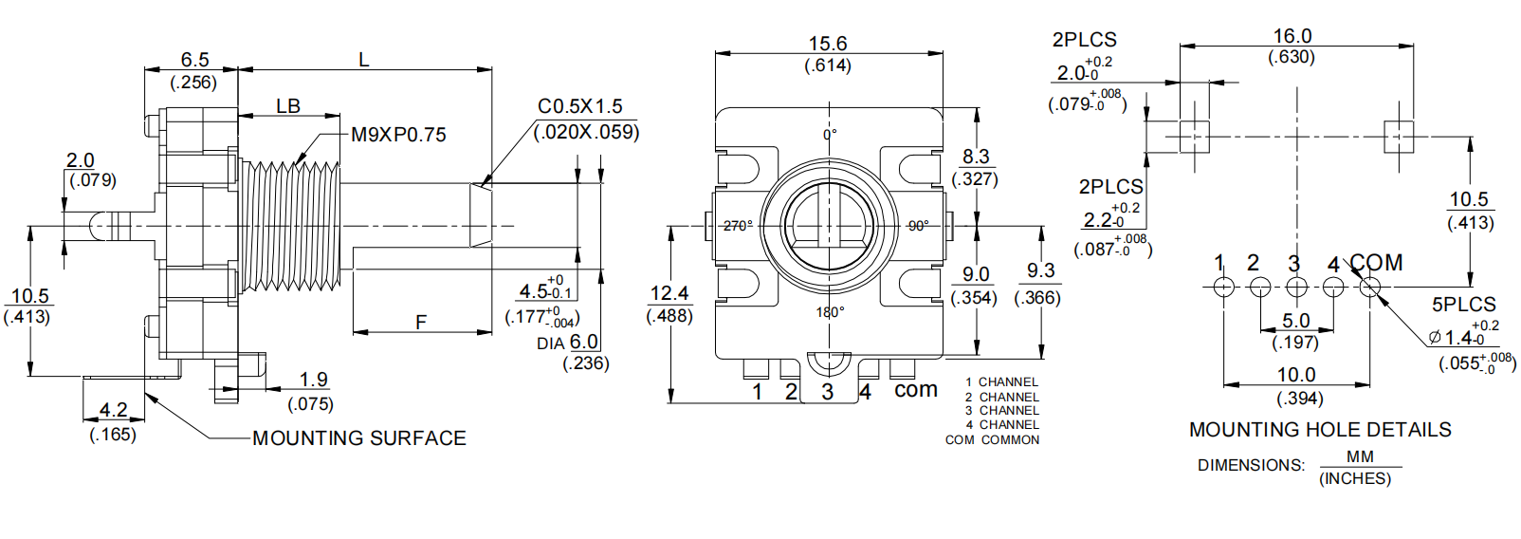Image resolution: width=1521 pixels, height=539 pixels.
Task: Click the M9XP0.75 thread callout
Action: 398,135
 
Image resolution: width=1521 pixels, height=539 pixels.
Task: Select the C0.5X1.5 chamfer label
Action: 579,106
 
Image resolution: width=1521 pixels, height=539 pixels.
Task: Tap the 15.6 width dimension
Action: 827,44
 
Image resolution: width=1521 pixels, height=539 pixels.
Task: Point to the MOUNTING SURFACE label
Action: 359,438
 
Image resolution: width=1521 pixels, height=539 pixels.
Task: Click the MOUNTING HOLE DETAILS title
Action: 1320,430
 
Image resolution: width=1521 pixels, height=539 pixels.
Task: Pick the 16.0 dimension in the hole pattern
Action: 1292,36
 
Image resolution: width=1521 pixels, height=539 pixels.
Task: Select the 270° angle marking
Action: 738,226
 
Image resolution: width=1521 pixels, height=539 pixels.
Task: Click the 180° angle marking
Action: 830,312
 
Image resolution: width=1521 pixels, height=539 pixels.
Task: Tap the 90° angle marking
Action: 918,226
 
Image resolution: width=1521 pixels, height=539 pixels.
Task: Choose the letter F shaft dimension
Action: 421,323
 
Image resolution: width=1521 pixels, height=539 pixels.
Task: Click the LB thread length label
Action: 288,106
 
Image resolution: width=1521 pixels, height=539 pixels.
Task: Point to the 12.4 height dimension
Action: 669,293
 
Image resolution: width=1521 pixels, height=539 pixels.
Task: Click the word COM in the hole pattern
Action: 1377,263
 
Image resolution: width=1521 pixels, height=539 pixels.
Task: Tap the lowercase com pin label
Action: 915,390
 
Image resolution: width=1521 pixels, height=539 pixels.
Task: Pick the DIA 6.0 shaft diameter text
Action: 568,343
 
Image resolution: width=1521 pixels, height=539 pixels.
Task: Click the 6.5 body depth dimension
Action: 194,60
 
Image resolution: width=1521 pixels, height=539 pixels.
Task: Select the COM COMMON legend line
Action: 992,440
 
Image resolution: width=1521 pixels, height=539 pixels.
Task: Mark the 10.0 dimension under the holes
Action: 1296,375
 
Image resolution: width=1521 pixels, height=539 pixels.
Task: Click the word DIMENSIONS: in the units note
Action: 1251,466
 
